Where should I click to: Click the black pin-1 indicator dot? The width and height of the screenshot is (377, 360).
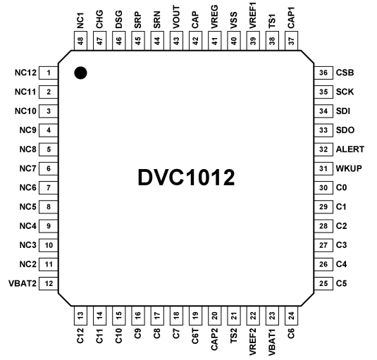coord(80,73)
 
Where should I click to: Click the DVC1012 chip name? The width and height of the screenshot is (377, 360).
coord(186,178)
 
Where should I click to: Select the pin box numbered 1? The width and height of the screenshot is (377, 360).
coord(49,73)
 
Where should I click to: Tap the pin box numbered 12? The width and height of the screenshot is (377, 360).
coord(49,284)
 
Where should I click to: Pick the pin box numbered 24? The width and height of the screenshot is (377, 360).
coord(291,316)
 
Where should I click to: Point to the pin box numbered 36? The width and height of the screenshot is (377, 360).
coord(323,73)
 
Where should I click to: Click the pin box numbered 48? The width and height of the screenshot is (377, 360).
coord(80,41)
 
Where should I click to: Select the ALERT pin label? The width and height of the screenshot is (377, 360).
coord(350,149)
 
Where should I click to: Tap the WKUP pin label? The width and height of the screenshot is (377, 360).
coord(349,168)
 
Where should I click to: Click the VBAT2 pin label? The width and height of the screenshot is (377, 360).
coord(23,284)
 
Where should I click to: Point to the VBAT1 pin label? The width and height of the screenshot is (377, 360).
coord(272,342)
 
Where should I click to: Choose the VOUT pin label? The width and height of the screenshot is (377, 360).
coord(176,18)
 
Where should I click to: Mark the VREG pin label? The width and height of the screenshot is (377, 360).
coord(214,17)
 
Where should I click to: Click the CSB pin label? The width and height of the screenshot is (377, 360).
coord(345,73)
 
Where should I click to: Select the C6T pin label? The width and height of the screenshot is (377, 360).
coord(195,336)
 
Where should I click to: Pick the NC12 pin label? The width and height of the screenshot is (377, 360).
coord(25,73)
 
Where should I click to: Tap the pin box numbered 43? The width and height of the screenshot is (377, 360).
coord(176,41)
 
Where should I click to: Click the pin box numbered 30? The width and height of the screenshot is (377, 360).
coord(323,187)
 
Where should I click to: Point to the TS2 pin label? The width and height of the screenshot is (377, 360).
coord(233,336)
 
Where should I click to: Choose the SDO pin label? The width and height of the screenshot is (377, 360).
coord(345,130)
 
